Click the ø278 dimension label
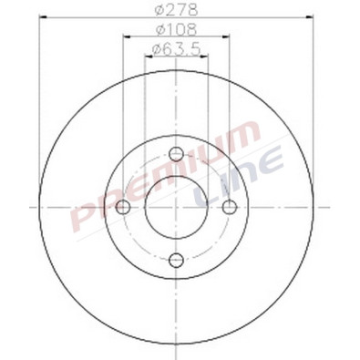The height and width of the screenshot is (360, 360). click(x=175, y=12)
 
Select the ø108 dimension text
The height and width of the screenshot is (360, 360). click(x=175, y=30)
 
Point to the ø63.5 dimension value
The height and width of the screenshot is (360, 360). click(x=175, y=48)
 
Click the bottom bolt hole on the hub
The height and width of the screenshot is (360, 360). click(x=176, y=261)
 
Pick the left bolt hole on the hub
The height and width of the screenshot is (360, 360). click(x=123, y=208)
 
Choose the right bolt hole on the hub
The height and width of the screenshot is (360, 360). click(x=228, y=208)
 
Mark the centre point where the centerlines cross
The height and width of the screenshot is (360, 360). click(x=176, y=208)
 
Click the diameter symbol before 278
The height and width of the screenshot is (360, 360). click(x=159, y=12)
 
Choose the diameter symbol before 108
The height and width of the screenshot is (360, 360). click(x=159, y=30)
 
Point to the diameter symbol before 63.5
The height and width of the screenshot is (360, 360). click(x=156, y=48)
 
